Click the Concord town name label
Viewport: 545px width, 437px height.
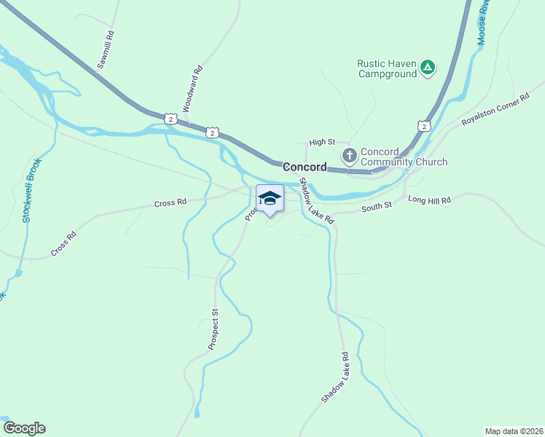coord(305,167)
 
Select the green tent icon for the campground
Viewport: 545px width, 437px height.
coord(428,68)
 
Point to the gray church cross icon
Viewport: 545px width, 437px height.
coord(349,155)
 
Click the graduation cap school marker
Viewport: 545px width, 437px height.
coord(270,199)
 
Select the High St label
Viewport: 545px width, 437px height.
coord(321,143)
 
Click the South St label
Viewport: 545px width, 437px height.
coord(377,206)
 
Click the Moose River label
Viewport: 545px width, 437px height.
coord(482,23)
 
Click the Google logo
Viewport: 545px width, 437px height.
coord(24,428)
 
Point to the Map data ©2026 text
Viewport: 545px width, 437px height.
coord(514,430)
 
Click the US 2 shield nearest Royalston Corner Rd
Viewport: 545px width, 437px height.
coord(423,126)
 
